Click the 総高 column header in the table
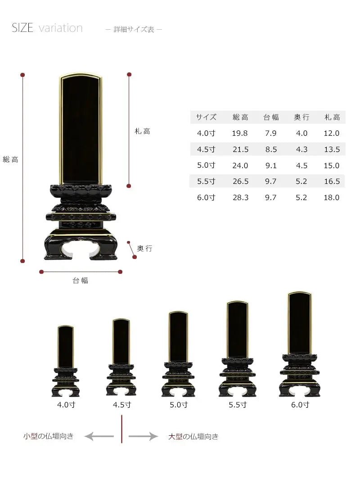(240, 117)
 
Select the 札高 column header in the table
(332, 117)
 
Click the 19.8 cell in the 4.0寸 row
(240, 133)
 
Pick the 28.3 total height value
(240, 197)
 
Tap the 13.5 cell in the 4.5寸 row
(332, 149)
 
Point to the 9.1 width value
(271, 165)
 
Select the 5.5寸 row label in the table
(206, 181)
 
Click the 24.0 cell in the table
(240, 165)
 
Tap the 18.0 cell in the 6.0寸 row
(331, 197)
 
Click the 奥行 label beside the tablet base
(144, 248)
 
